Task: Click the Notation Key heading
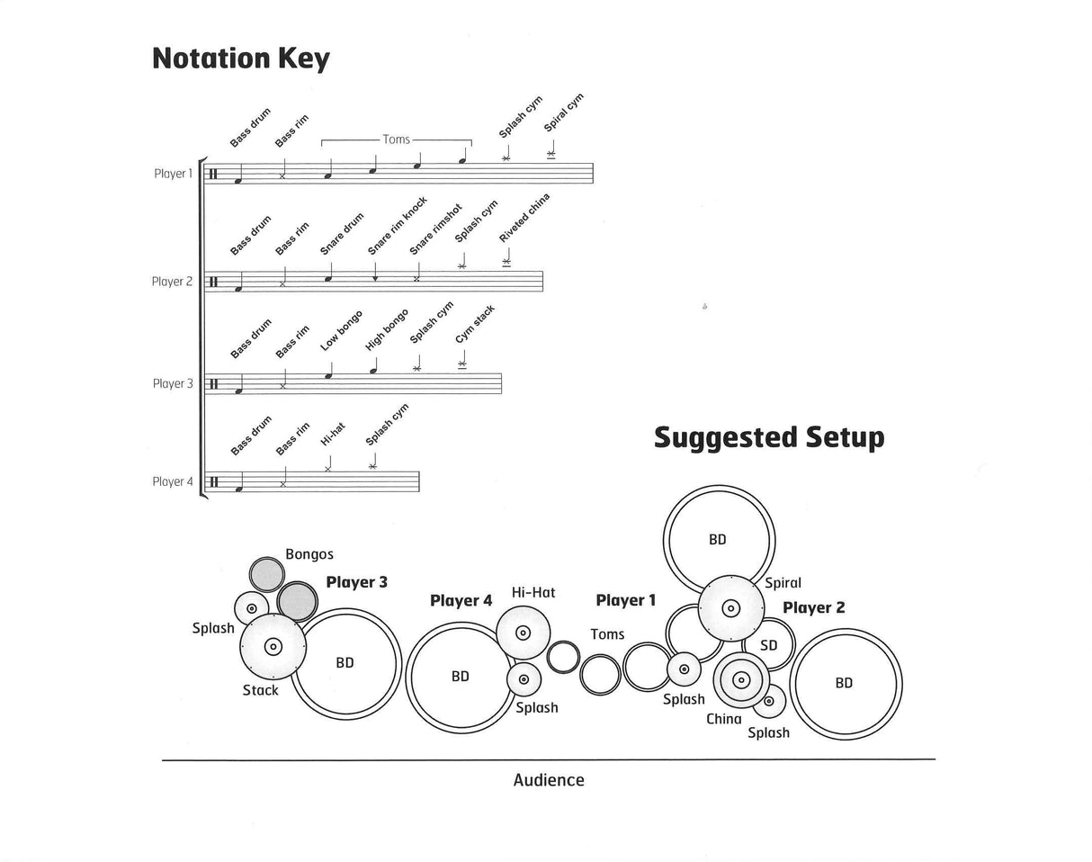[x=241, y=58]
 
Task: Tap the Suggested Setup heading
[x=769, y=437]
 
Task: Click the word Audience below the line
[x=549, y=780]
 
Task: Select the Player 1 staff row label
[x=174, y=174]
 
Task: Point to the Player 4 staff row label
[x=173, y=481]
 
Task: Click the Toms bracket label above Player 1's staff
[x=397, y=139]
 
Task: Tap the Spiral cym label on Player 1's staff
[x=564, y=112]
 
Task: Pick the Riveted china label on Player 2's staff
[x=524, y=218]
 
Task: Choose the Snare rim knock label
[x=398, y=226]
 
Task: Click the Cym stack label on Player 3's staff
[x=474, y=325]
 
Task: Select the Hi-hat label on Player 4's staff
[x=333, y=434]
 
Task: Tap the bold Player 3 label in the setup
[x=357, y=582]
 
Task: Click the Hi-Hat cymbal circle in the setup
[x=523, y=633]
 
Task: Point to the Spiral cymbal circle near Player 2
[x=730, y=608]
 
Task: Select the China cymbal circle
[x=741, y=680]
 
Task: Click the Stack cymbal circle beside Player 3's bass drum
[x=273, y=647]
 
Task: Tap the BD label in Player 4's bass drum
[x=461, y=677]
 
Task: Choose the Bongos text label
[x=309, y=554]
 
